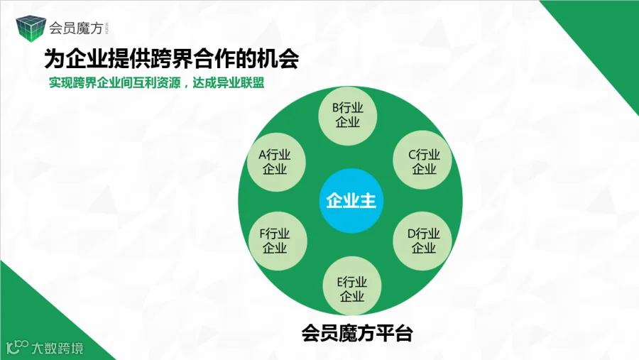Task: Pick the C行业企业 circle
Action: pos(424,161)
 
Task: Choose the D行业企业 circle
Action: pos(424,241)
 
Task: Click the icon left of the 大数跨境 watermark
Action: pos(17,348)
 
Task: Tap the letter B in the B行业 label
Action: pos(337,108)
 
